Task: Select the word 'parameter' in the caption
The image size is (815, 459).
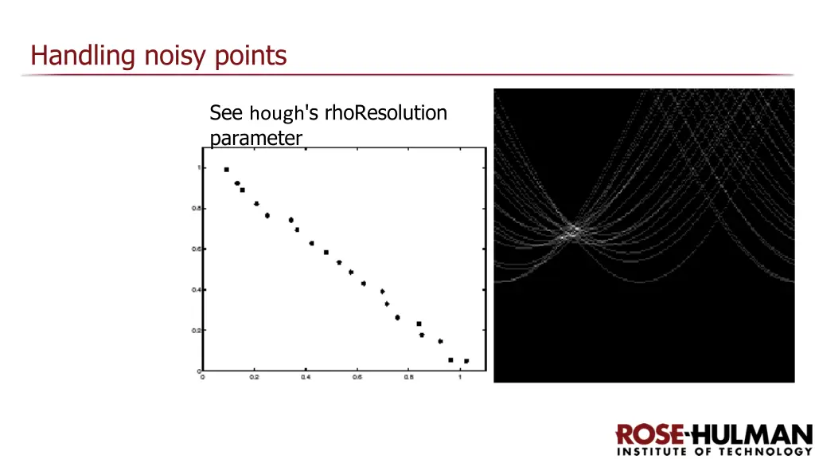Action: [x=255, y=138]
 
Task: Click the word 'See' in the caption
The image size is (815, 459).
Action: [x=226, y=113]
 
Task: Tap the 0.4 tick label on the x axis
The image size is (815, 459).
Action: [x=306, y=379]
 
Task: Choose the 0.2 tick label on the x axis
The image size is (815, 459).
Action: [x=254, y=379]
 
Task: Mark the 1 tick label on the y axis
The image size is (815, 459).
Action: [x=198, y=167]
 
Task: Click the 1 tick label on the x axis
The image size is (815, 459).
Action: [x=460, y=379]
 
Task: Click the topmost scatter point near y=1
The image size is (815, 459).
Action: [x=227, y=170]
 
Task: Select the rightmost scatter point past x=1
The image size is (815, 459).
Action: [x=466, y=361]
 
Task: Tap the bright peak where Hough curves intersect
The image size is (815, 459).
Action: [x=571, y=233]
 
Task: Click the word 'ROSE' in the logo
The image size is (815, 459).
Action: [x=649, y=435]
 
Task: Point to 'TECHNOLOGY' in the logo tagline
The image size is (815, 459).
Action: [x=769, y=452]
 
